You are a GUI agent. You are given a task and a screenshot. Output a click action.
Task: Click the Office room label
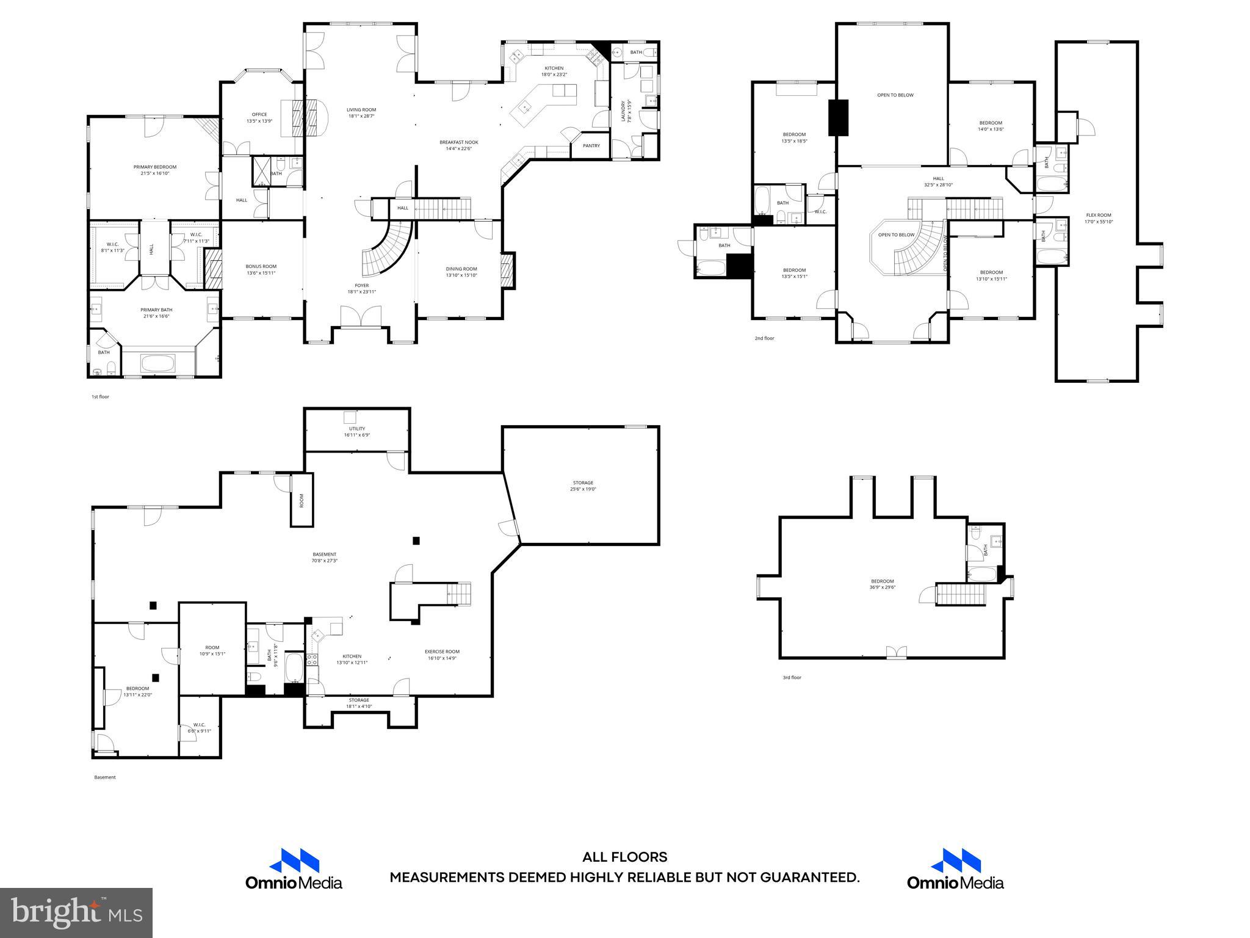pyautogui.click(x=259, y=114)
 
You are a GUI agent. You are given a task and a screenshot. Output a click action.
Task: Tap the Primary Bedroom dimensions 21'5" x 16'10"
pyautogui.click(x=155, y=173)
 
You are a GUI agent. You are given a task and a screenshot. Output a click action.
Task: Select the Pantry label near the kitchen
pyautogui.click(x=591, y=146)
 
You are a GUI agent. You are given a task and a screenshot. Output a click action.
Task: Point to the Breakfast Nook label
pyautogui.click(x=458, y=142)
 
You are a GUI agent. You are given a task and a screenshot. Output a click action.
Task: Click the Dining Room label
pyautogui.click(x=461, y=269)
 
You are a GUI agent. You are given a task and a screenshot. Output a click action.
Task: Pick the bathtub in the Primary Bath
pyautogui.click(x=158, y=364)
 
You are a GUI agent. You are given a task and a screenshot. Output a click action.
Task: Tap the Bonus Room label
pyautogui.click(x=261, y=266)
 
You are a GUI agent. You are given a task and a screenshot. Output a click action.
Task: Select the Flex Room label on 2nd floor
pyautogui.click(x=1098, y=215)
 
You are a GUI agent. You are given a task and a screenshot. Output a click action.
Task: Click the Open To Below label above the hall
pyautogui.click(x=895, y=95)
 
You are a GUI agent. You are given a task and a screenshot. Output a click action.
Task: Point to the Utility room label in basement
pyautogui.click(x=356, y=429)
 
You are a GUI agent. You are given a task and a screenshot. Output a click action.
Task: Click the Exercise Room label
pyautogui.click(x=442, y=652)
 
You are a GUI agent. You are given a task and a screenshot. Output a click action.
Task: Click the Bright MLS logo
pyautogui.click(x=76, y=912)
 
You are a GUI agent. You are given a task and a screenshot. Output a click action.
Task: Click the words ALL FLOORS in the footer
pyautogui.click(x=624, y=857)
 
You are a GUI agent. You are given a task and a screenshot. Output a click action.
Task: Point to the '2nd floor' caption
pyautogui.click(x=764, y=338)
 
